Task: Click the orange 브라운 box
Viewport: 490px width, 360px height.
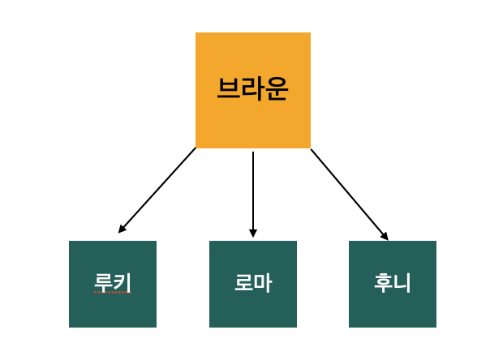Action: pyautogui.click(x=253, y=90)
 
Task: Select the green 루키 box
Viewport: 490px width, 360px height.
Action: pyautogui.click(x=113, y=284)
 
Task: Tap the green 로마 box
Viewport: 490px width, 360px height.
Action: pyautogui.click(x=253, y=284)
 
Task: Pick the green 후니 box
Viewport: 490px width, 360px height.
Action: pyautogui.click(x=393, y=284)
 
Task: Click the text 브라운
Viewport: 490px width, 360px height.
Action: pyautogui.click(x=252, y=88)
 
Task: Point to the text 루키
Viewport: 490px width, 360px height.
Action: pyautogui.click(x=113, y=282)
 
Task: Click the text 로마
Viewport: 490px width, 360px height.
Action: pyautogui.click(x=253, y=282)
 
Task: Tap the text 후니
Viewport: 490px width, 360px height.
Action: pyautogui.click(x=393, y=282)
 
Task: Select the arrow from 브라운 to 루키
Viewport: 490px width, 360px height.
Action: pyautogui.click(x=157, y=191)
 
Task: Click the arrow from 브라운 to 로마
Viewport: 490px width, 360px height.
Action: pyautogui.click(x=253, y=195)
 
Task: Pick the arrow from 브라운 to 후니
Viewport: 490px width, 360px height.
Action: pyautogui.click(x=350, y=195)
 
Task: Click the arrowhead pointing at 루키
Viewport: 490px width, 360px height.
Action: pyautogui.click(x=121, y=229)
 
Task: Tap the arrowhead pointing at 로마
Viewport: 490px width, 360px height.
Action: pyautogui.click(x=253, y=234)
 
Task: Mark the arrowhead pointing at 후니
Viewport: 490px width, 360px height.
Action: pyautogui.click(x=385, y=237)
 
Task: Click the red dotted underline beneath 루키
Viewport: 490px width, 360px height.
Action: pyautogui.click(x=113, y=293)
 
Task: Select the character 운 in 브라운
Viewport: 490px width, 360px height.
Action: pyautogui.click(x=277, y=89)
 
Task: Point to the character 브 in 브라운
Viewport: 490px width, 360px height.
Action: pyautogui.click(x=229, y=88)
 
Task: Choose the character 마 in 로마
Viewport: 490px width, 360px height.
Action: pyautogui.click(x=263, y=283)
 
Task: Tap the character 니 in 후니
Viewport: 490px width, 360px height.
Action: pyautogui.click(x=402, y=282)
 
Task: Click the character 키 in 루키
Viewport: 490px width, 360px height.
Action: pyautogui.click(x=122, y=282)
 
